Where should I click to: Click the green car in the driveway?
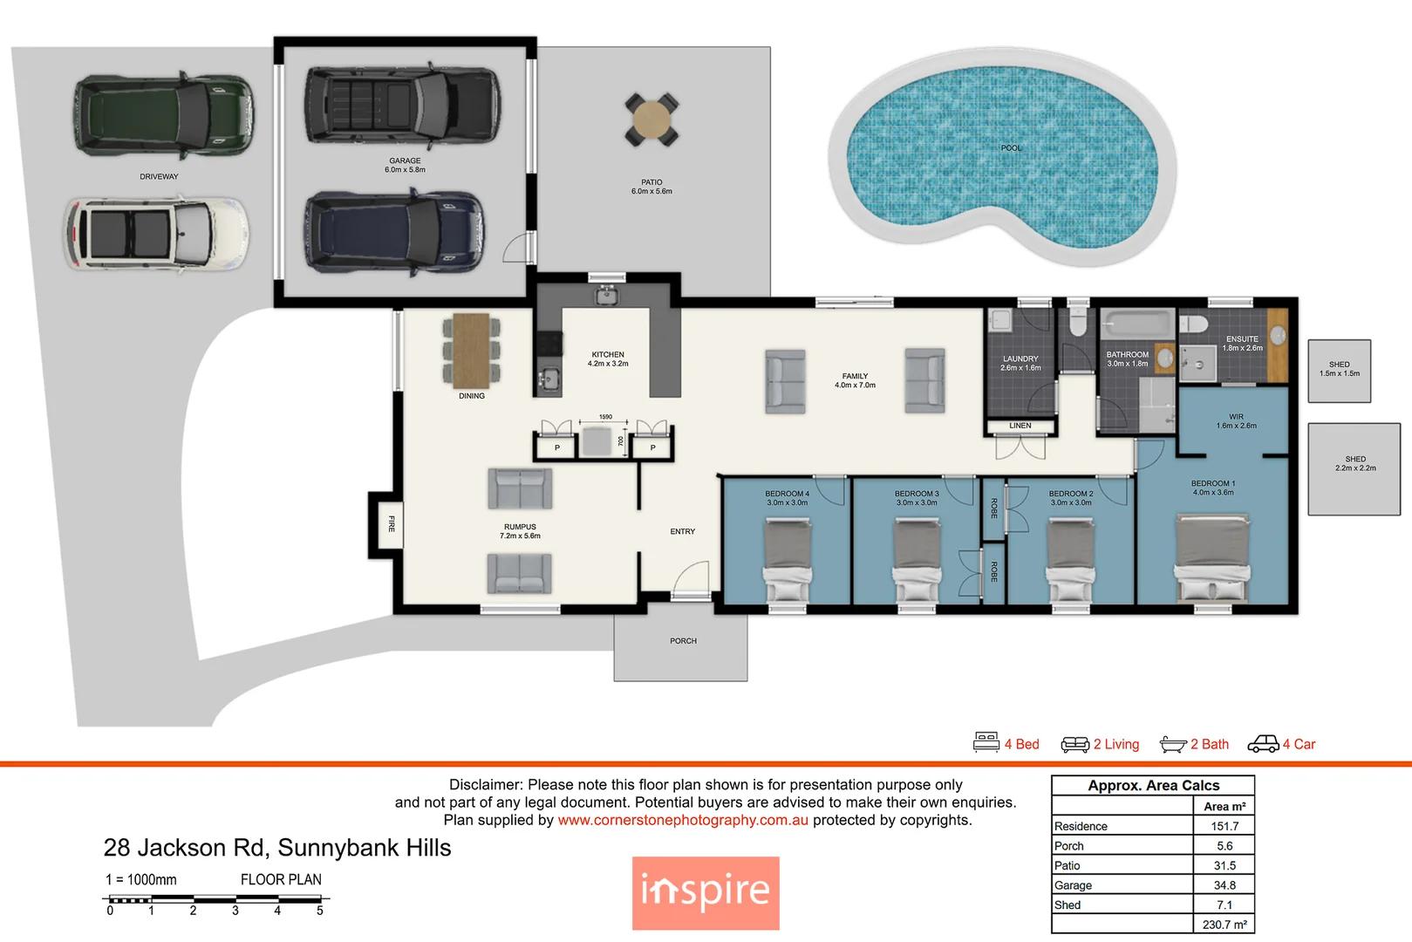pyautogui.click(x=164, y=115)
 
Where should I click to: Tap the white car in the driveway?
pyautogui.click(x=156, y=233)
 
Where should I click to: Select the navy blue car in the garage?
pyautogui.click(x=394, y=232)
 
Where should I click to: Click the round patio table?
pyautogui.click(x=651, y=119)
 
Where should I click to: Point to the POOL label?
pyautogui.click(x=1011, y=148)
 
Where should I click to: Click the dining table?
pyautogui.click(x=472, y=350)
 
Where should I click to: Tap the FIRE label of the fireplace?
pyautogui.click(x=392, y=523)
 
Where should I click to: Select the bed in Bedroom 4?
pyautogui.click(x=788, y=560)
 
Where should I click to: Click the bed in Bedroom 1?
pyautogui.click(x=1212, y=557)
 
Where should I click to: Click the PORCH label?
pyautogui.click(x=683, y=640)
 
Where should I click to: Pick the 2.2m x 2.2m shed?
pyautogui.click(x=1354, y=468)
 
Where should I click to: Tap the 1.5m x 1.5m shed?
pyautogui.click(x=1340, y=371)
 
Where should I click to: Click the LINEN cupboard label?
pyautogui.click(x=1020, y=426)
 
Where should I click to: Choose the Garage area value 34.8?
pyautogui.click(x=1224, y=885)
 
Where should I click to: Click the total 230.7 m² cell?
pyautogui.click(x=1224, y=925)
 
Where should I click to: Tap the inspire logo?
pyautogui.click(x=706, y=893)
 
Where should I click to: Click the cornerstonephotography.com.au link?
pyautogui.click(x=683, y=820)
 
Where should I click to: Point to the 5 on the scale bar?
pyautogui.click(x=319, y=911)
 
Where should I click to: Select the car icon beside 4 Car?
pyautogui.click(x=1263, y=744)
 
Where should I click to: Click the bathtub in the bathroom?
pyautogui.click(x=1137, y=324)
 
